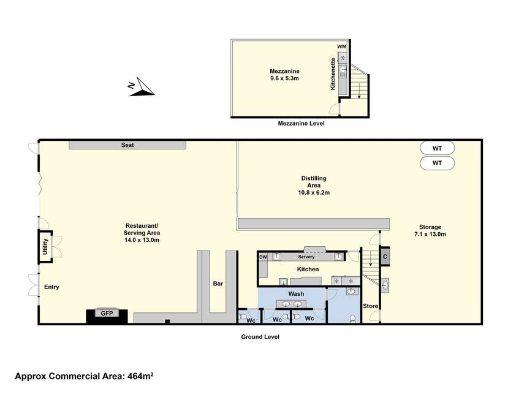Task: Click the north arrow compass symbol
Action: [142, 88]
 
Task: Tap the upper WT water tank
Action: [438, 148]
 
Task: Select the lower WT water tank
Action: [438, 163]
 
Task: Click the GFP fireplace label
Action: [107, 314]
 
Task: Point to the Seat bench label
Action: [127, 145]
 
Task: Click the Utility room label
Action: [45, 246]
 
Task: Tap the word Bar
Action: [218, 284]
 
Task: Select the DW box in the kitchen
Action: [263, 257]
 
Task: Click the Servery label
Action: [306, 257]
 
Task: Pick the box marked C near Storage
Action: [385, 256]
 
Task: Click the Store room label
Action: [370, 306]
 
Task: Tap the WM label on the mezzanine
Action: [341, 47]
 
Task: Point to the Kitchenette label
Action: [333, 74]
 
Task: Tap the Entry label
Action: [51, 287]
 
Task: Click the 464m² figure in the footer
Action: [140, 376]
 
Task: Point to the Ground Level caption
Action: [260, 337]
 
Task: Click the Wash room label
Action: [296, 293]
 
